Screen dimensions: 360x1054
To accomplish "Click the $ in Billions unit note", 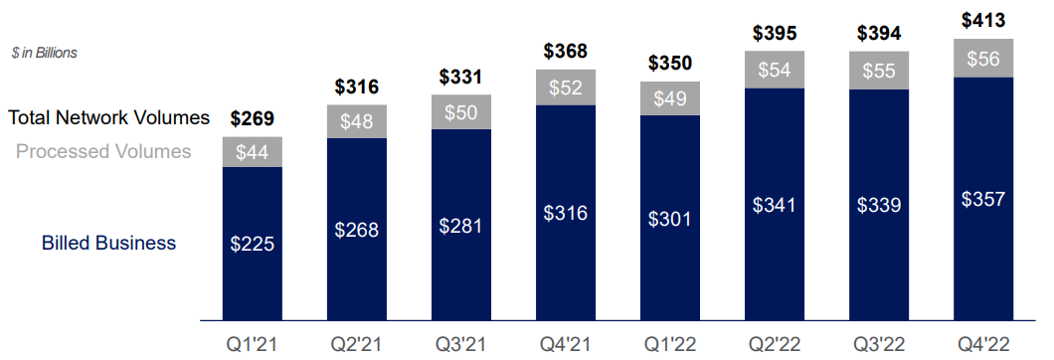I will [x=45, y=53].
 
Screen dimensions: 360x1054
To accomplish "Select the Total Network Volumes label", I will [x=109, y=118].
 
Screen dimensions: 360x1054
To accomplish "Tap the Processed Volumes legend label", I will [x=103, y=152].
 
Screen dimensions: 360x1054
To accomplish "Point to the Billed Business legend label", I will [x=108, y=243].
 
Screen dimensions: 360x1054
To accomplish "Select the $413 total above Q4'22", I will [x=982, y=19].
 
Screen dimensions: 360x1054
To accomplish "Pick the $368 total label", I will [x=565, y=51].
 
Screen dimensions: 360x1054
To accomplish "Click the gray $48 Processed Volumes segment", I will [x=356, y=121].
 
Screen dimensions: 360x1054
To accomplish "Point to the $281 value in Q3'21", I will [x=460, y=226].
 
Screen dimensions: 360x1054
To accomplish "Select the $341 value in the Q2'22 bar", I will [x=774, y=206].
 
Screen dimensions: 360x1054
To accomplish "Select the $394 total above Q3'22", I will [x=878, y=33].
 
